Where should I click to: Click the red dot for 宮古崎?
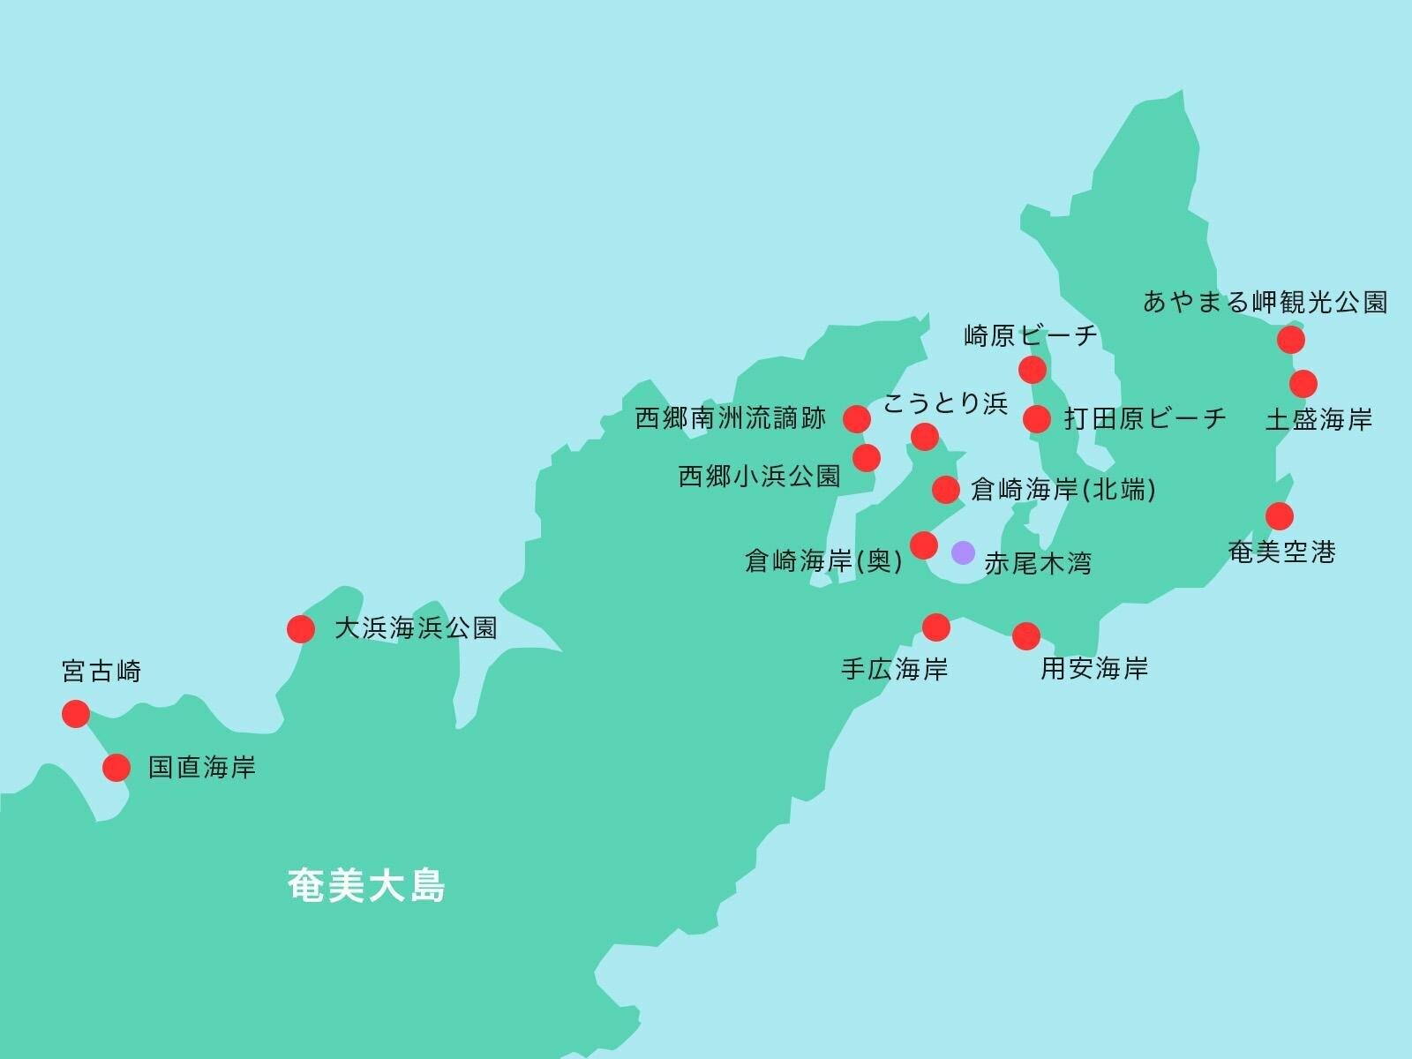pyautogui.click(x=76, y=713)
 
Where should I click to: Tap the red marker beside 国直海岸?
pyautogui.click(x=116, y=768)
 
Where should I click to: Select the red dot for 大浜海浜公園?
pyautogui.click(x=301, y=629)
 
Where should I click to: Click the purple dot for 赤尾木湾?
pyautogui.click(x=963, y=553)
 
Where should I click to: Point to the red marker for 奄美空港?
pyautogui.click(x=1280, y=516)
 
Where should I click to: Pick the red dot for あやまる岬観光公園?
pyautogui.click(x=1291, y=339)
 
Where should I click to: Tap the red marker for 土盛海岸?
pyautogui.click(x=1303, y=384)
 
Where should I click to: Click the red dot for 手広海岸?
pyautogui.click(x=935, y=627)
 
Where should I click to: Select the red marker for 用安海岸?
pyautogui.click(x=1026, y=635)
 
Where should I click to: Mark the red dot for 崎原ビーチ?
pyautogui.click(x=1032, y=370)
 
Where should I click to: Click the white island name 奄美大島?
pyautogui.click(x=366, y=886)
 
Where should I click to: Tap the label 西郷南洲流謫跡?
pyautogui.click(x=731, y=418)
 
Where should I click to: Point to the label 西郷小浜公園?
pyautogui.click(x=759, y=477)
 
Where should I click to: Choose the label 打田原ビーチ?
pyautogui.click(x=1145, y=418)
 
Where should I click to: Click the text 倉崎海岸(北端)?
pyautogui.click(x=1063, y=489)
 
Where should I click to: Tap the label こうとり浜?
pyautogui.click(x=945, y=404)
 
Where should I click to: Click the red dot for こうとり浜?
pyautogui.click(x=924, y=436)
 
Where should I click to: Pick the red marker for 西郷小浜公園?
pyautogui.click(x=867, y=457)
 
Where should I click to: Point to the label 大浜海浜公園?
pyautogui.click(x=416, y=628)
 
